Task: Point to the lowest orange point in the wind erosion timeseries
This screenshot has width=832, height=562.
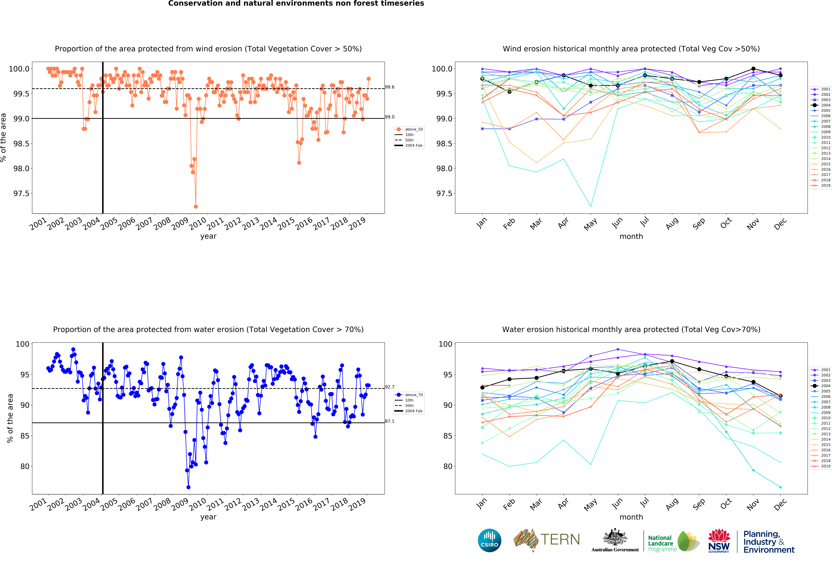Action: (195, 207)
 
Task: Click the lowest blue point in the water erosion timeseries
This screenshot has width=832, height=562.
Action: (188, 487)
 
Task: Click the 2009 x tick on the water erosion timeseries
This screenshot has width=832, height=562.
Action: (180, 504)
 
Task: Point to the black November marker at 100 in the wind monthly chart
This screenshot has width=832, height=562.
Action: (753, 69)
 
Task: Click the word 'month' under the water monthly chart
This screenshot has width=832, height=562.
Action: (631, 517)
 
